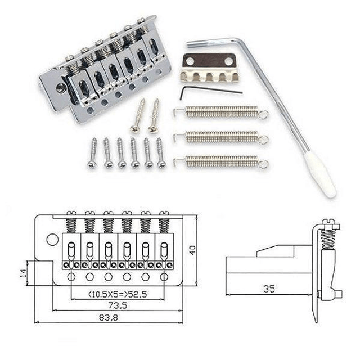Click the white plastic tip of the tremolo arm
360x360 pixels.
[x=319, y=175]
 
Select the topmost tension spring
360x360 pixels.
[x=221, y=112]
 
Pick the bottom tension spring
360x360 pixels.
[x=221, y=161]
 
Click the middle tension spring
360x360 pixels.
[x=221, y=137]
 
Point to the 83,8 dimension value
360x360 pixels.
[x=109, y=318]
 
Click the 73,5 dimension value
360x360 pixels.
[x=118, y=305]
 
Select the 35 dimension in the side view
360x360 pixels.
[x=269, y=289]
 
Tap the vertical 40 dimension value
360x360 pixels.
[x=192, y=250]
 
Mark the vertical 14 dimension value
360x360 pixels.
[x=24, y=273]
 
